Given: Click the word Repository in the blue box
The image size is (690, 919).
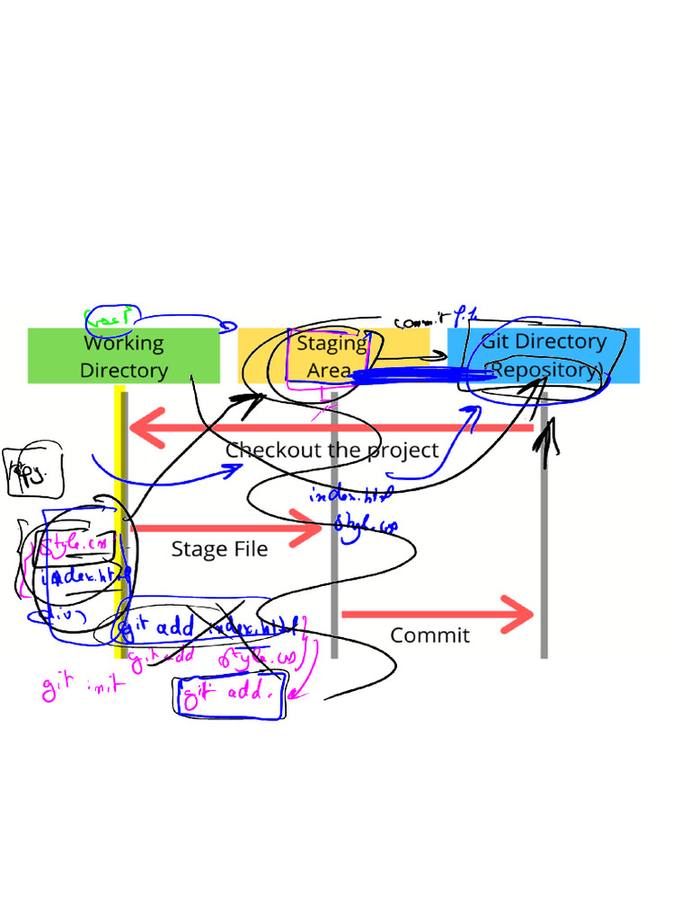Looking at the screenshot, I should pyautogui.click(x=543, y=370).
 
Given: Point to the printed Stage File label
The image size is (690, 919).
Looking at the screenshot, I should pyautogui.click(x=219, y=549).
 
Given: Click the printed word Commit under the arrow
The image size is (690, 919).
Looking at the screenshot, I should pyautogui.click(x=429, y=635).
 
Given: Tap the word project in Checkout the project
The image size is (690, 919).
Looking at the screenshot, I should pyautogui.click(x=395, y=451).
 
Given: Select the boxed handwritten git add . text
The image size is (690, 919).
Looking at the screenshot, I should pyautogui.click(x=229, y=695).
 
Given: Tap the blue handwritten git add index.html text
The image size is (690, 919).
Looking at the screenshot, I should pyautogui.click(x=207, y=628).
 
